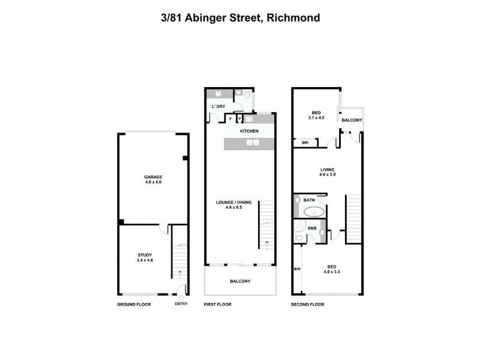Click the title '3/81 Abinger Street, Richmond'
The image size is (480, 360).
click(x=241, y=18)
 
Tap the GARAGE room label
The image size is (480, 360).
click(x=153, y=177)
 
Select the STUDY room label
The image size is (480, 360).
click(x=145, y=255)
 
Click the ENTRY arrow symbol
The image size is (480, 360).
click(x=181, y=298)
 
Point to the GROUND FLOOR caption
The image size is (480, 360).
click(x=134, y=304)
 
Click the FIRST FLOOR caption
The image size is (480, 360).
click(x=218, y=304)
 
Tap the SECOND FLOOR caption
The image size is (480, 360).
click(x=308, y=304)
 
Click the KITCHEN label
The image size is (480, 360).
click(x=249, y=131)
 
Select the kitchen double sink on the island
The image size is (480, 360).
click(x=253, y=143)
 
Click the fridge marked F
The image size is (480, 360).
click(x=230, y=119)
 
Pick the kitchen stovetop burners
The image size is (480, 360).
click(x=248, y=119)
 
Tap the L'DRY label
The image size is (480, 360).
click(x=218, y=107)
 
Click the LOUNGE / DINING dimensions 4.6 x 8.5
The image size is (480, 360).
click(x=234, y=207)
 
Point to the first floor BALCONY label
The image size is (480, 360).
click(x=240, y=281)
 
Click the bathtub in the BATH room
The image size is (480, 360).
click(x=313, y=212)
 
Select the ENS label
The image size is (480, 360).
click(x=312, y=229)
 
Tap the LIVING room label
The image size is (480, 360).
click(x=327, y=170)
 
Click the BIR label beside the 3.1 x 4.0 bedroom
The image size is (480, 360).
click(x=305, y=143)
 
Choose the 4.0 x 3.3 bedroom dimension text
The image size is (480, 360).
click(x=332, y=272)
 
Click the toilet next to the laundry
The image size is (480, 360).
click(x=247, y=95)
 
